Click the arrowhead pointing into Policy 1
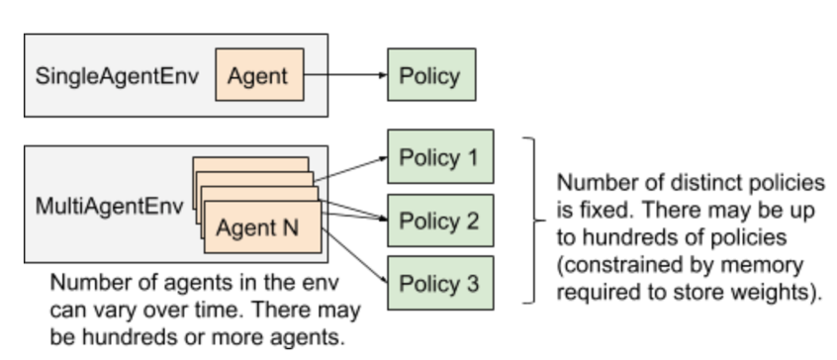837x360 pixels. click(x=380, y=157)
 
